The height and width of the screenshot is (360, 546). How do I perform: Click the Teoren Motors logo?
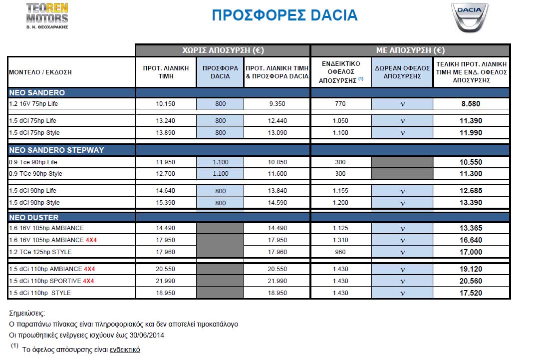(47, 15)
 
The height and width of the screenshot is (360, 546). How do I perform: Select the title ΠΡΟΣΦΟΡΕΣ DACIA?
(284, 15)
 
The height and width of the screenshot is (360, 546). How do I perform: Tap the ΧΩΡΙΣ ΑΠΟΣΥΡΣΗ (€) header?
(223, 50)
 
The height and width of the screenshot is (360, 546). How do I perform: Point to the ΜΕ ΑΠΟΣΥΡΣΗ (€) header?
(410, 50)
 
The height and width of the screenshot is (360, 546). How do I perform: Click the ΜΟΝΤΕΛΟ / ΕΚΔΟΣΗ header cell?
(40, 72)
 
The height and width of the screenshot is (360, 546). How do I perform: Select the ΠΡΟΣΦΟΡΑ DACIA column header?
(220, 72)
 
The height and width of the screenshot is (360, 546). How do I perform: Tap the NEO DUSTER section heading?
(34, 217)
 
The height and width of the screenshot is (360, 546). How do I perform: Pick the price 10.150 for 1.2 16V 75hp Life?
(166, 104)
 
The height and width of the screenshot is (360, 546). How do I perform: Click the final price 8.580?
(471, 104)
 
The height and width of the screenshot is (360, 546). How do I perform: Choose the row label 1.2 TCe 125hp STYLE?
(40, 252)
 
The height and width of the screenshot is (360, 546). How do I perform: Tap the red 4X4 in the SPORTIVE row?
(89, 281)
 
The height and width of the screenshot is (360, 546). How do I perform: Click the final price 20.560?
(471, 281)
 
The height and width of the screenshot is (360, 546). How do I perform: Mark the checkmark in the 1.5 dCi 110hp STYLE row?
(402, 293)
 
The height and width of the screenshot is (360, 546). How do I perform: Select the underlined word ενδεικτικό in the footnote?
(125, 350)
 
